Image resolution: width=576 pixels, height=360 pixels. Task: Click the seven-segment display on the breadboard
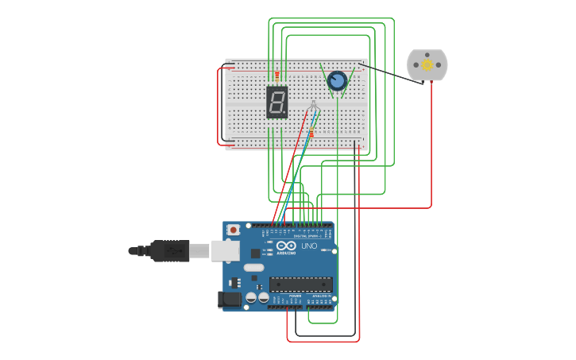click(276, 103)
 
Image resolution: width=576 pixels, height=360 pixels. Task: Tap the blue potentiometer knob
click(337, 80)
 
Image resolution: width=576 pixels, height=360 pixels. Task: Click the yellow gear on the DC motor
click(427, 64)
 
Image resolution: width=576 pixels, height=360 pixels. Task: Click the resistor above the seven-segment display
click(276, 75)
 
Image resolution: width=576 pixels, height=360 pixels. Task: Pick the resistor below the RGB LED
click(311, 134)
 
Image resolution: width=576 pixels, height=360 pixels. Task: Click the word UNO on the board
click(308, 246)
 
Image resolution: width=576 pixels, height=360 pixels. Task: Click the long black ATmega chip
click(300, 284)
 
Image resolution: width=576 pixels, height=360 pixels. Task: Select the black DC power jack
click(228, 300)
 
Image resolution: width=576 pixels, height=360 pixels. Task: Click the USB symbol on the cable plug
click(174, 250)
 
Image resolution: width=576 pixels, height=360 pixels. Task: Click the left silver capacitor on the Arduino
click(251, 298)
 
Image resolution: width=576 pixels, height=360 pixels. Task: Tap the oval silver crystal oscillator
click(253, 268)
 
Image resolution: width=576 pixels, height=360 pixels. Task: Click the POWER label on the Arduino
click(296, 295)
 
